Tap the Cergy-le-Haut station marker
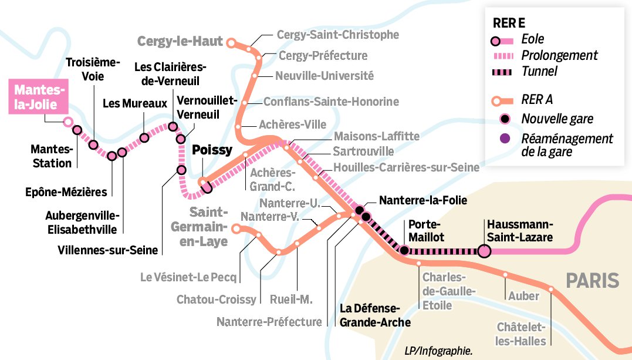click(231, 42)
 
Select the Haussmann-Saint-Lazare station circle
click(484, 251)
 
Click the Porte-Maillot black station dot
click(404, 251)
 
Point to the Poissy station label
click(212, 150)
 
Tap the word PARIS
click(592, 281)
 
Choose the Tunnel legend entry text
click(539, 71)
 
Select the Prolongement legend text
click(559, 55)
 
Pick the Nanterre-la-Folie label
click(423, 200)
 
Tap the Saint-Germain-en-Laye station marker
click(236, 228)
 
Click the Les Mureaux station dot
click(144, 138)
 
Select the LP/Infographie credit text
click(438, 351)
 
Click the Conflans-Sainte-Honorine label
click(331, 102)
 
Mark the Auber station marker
click(505, 274)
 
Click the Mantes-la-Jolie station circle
click(68, 122)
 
